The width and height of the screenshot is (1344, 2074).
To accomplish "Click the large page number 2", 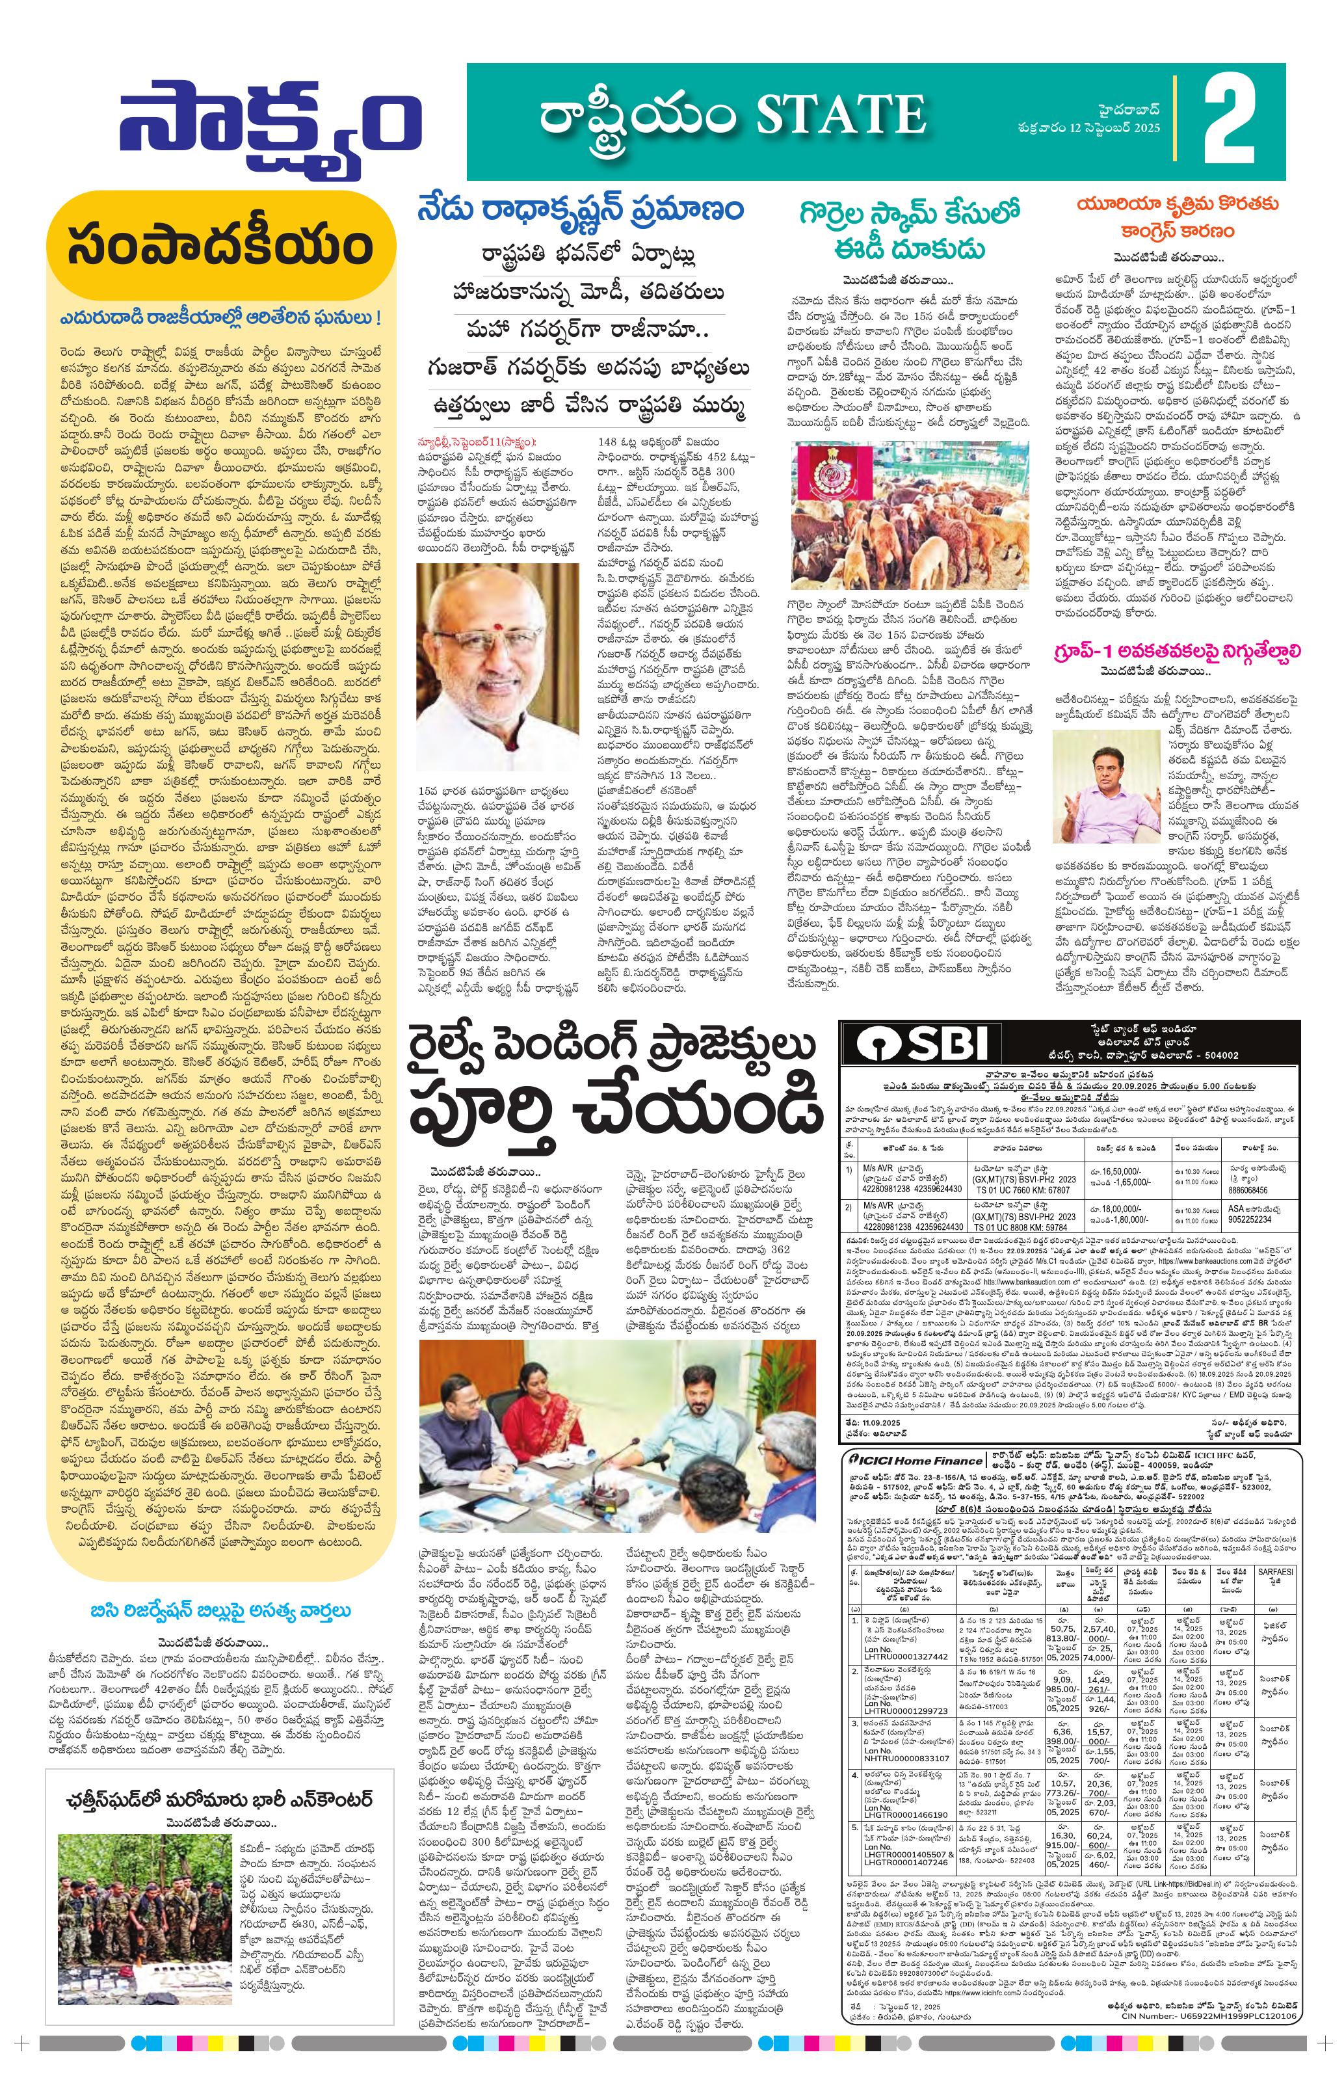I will pos(1230,120).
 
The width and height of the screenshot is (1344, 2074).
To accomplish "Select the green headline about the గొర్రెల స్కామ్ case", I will pos(898,228).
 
